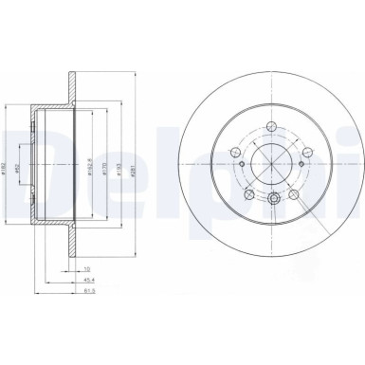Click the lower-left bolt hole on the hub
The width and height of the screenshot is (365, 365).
pos(249,193)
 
